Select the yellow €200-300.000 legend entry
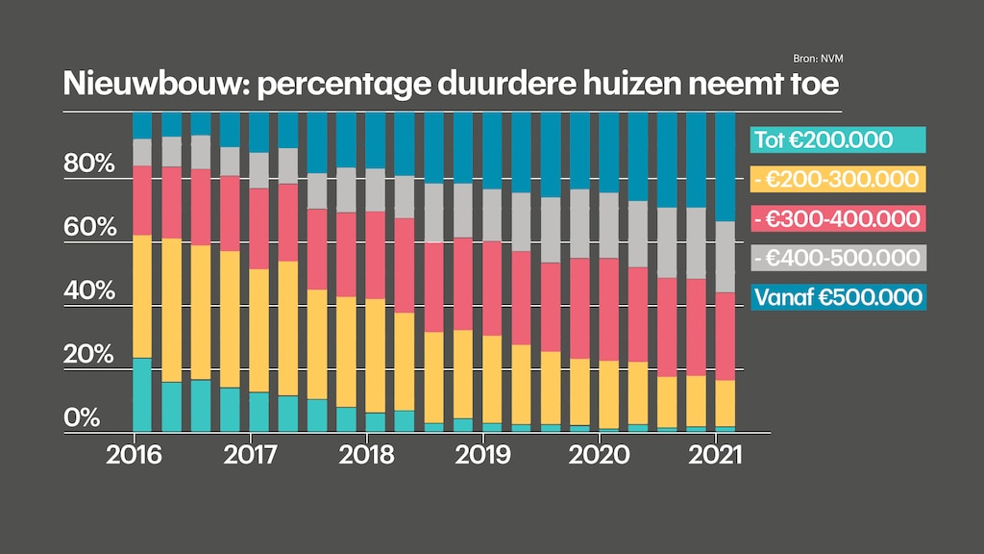837,179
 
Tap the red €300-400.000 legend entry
837,218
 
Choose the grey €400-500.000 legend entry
837,258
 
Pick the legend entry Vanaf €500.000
837,297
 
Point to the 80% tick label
89,164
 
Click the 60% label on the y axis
89,228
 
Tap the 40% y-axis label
89,290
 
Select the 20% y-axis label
89,355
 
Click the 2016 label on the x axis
134,454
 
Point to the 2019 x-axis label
483,454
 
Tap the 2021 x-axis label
716,454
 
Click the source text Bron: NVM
824,60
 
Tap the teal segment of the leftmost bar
142,395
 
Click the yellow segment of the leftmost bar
142,296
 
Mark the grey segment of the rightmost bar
726,257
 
